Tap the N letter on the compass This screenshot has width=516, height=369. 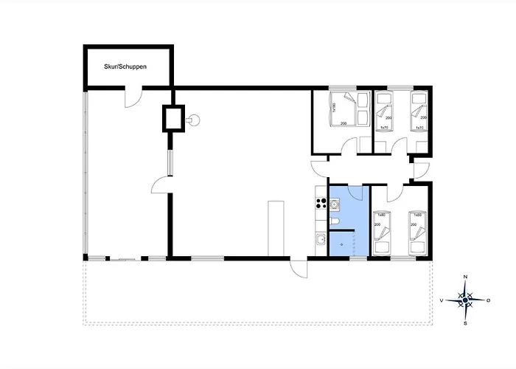[465, 277]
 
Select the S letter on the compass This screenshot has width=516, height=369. [465, 323]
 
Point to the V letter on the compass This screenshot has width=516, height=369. [442, 300]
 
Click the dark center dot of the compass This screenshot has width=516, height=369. [465, 300]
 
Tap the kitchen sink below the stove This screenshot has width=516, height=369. [321, 239]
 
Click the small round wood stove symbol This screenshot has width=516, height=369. [195, 118]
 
